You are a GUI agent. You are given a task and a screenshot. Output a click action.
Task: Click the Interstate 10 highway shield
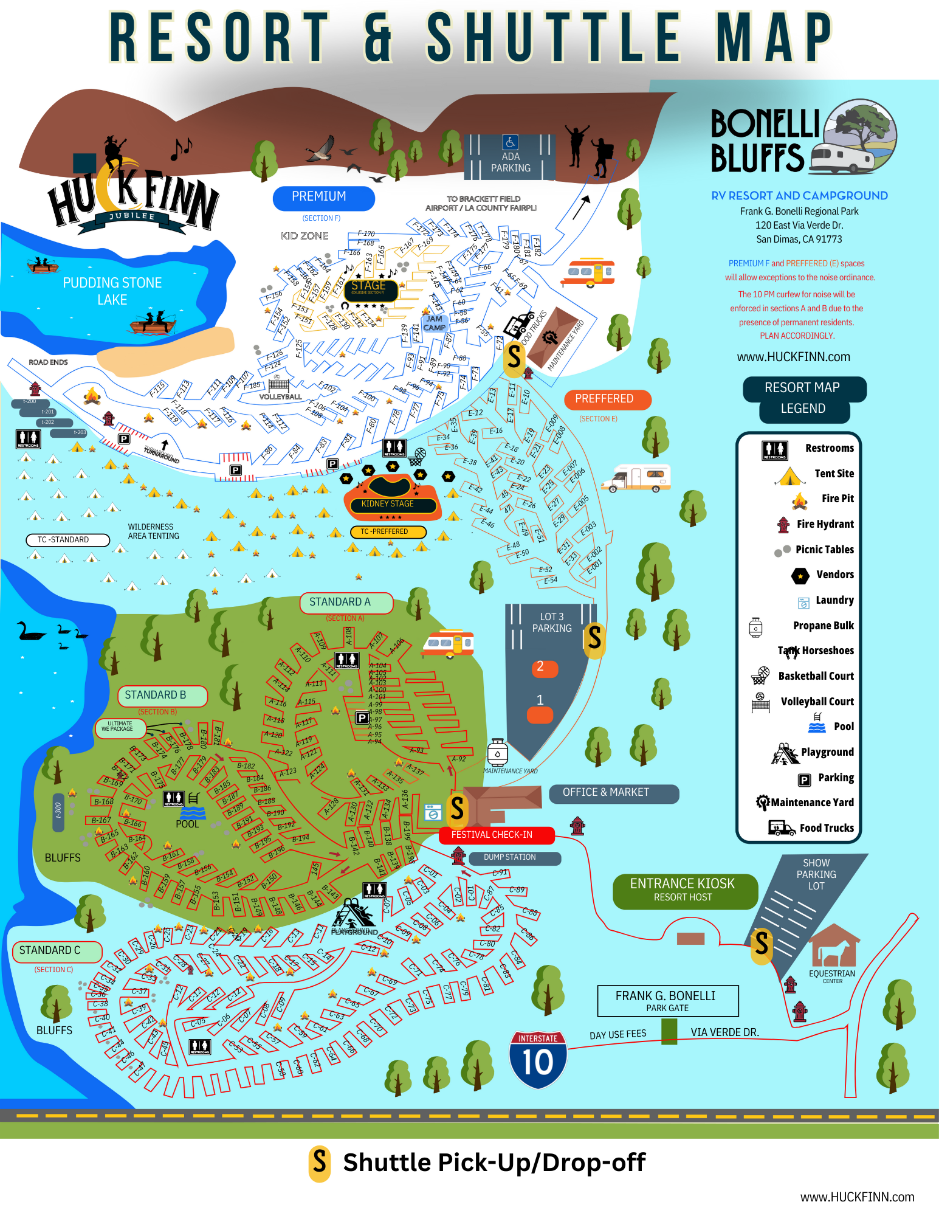point(538,1060)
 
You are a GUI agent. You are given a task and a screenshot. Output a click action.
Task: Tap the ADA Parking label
point(511,162)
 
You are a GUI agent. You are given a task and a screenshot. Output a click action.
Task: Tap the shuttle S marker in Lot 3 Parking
point(594,639)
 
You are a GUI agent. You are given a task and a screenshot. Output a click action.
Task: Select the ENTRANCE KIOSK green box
point(684,890)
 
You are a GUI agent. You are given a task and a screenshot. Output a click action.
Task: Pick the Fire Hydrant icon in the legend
point(783,524)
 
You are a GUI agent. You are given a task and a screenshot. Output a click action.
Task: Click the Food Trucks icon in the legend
point(781,827)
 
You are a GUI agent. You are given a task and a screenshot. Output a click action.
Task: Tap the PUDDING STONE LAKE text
point(112,291)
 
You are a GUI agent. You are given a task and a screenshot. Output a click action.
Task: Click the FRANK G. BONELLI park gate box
point(667,1000)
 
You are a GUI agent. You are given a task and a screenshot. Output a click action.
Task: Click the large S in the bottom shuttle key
point(320,1164)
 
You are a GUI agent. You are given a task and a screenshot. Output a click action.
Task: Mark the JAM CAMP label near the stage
point(435,323)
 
